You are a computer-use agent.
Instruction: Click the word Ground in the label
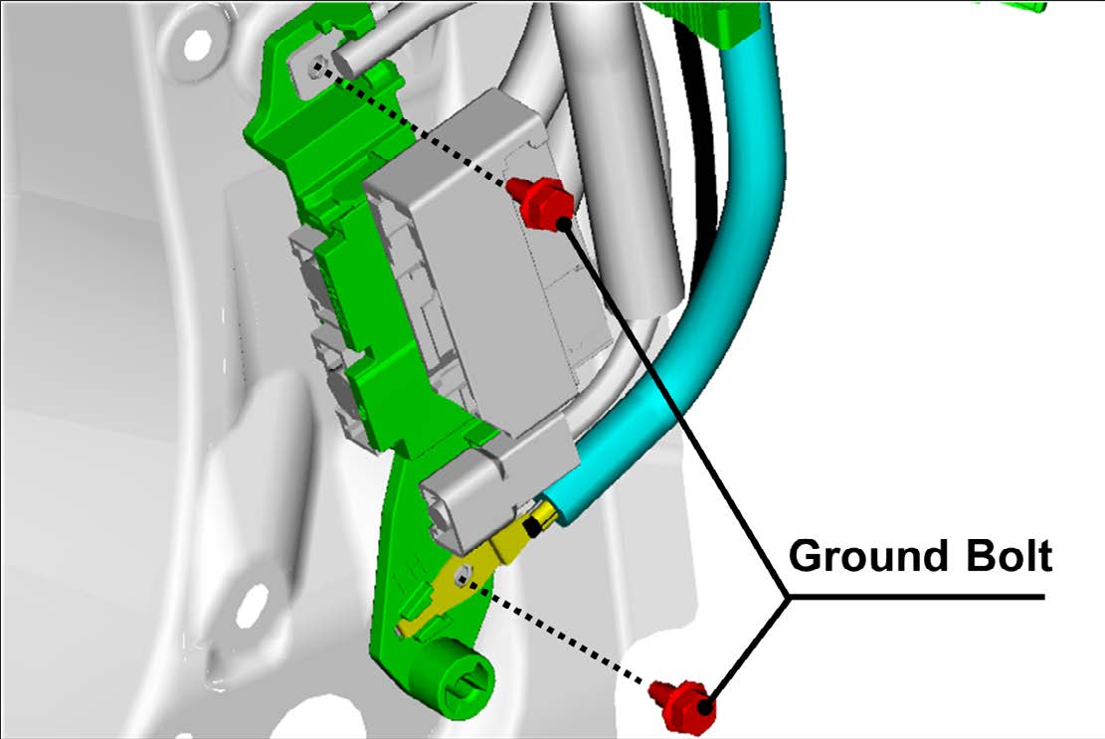871,556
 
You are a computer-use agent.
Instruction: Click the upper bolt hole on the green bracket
318,67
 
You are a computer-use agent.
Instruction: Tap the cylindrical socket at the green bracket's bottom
461,682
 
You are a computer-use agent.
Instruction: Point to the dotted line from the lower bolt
557,630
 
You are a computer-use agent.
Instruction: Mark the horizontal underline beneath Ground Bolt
915,598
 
